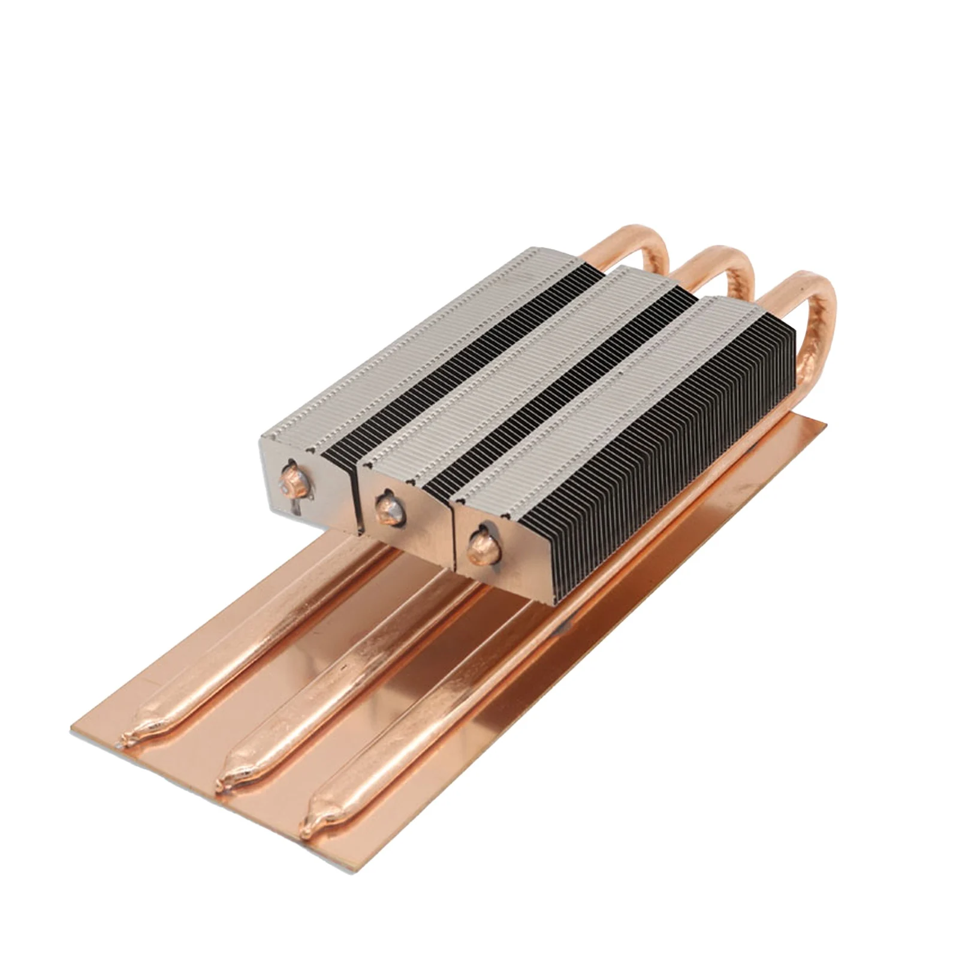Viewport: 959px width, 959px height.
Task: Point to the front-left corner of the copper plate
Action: tap(72, 728)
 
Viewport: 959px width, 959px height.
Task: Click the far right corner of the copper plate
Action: tap(825, 424)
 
